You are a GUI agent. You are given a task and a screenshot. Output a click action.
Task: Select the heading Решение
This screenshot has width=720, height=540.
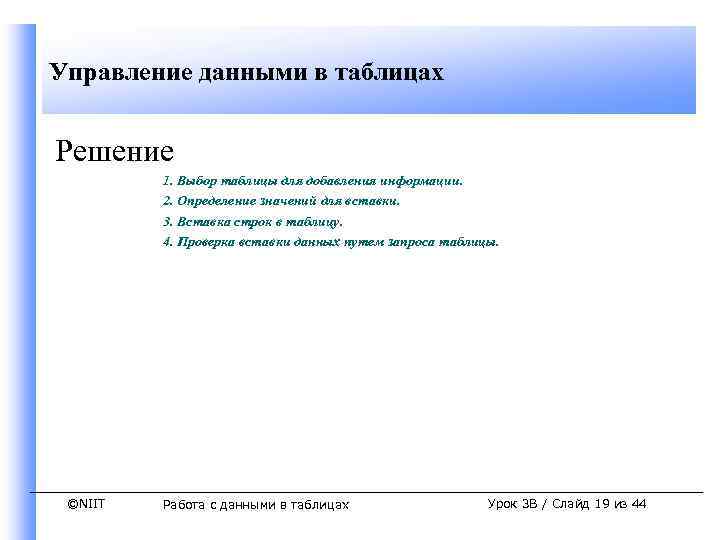tap(115, 151)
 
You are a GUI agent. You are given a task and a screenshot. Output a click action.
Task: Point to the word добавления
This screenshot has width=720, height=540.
tap(325, 182)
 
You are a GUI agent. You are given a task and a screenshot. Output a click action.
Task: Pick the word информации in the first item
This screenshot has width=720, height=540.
tap(419, 182)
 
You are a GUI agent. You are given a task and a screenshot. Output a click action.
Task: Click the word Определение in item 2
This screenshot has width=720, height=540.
tap(215, 201)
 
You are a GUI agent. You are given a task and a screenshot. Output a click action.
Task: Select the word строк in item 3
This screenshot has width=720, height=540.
tap(248, 221)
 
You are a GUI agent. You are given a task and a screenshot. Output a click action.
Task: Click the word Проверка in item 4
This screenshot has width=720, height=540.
tap(206, 241)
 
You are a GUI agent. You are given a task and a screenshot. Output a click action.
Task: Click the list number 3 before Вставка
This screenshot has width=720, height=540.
tap(167, 221)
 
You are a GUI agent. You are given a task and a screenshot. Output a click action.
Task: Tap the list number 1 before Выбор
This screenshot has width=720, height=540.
tap(167, 182)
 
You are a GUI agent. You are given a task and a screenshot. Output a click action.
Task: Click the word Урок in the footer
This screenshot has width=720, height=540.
tap(504, 504)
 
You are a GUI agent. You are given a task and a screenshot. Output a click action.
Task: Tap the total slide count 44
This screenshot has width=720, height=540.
tap(638, 504)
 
